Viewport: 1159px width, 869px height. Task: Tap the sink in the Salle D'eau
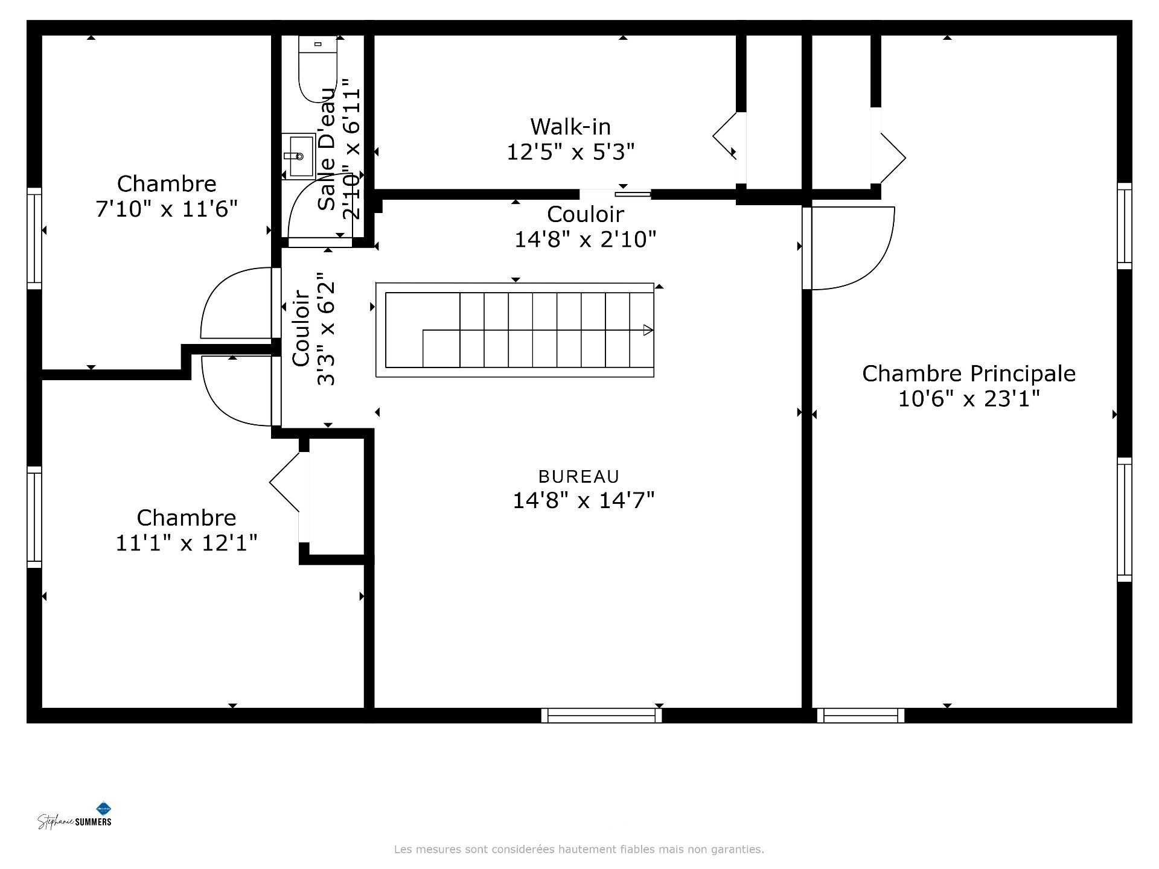[299, 156]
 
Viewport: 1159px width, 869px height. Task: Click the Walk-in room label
[570, 127]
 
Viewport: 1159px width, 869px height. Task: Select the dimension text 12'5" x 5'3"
[570, 152]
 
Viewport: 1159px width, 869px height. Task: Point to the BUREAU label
[579, 477]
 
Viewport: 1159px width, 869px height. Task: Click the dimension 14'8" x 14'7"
[583, 501]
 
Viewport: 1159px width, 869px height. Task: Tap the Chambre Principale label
[968, 374]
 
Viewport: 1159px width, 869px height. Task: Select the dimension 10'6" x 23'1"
[968, 399]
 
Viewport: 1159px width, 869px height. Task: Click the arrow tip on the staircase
[648, 330]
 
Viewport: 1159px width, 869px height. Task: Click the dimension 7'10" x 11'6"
[167, 209]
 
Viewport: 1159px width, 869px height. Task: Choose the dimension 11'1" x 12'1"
[186, 543]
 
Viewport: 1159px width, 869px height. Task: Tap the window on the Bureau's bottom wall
[601, 716]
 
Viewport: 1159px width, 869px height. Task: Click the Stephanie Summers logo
[75, 818]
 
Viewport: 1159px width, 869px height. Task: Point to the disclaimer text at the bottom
[579, 849]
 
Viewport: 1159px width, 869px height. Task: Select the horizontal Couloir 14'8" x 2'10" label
[584, 227]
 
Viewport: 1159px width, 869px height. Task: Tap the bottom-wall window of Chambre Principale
[861, 716]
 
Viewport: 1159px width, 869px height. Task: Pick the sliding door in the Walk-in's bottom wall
[633, 194]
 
